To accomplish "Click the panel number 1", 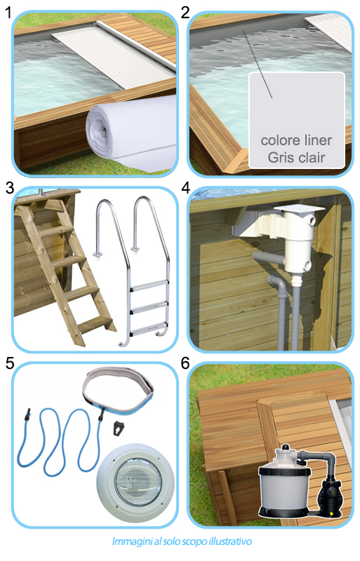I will (8, 12).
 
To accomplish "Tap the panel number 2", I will (185, 12).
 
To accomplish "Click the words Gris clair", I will (296, 157).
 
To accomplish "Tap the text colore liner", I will (296, 140).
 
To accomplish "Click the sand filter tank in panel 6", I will (284, 484).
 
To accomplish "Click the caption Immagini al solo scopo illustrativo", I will (180, 541).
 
